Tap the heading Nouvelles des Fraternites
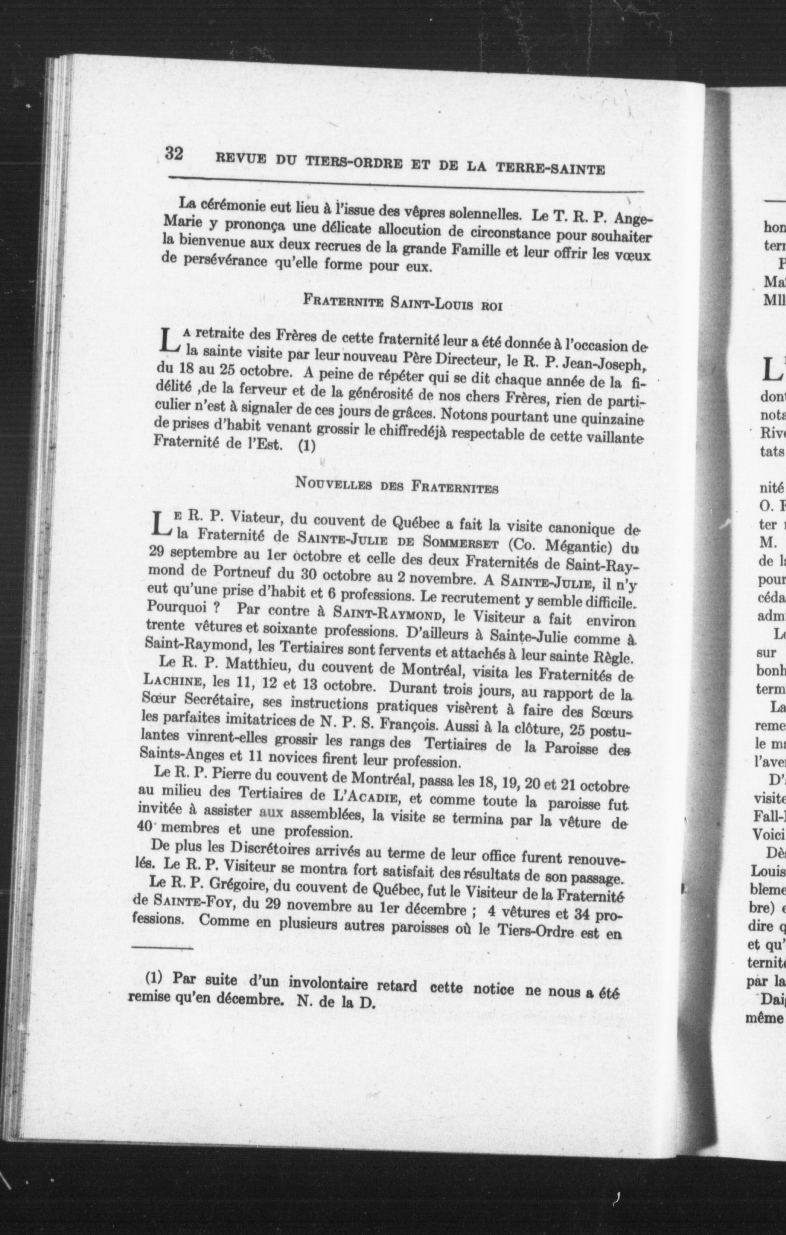pyautogui.click(x=397, y=485)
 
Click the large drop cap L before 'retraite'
pyautogui.click(x=170, y=341)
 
